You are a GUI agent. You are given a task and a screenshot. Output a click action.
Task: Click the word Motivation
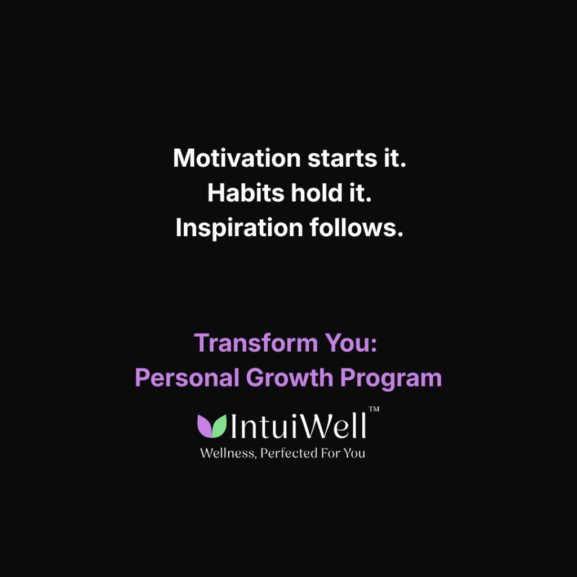[237, 158]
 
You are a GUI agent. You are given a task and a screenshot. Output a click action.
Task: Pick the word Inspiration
[239, 228]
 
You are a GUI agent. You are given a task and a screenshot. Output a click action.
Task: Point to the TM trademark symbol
[374, 410]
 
